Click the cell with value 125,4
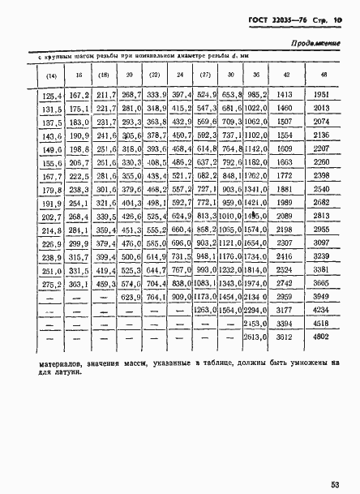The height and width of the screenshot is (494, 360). point(51,94)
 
